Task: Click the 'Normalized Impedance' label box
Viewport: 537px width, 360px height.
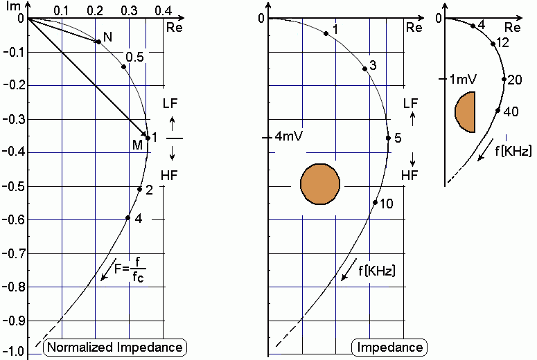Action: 115,348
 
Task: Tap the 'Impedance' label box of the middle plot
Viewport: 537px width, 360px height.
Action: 389,348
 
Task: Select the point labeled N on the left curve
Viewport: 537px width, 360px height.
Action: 98,42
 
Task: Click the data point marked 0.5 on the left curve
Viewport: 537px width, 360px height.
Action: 123,66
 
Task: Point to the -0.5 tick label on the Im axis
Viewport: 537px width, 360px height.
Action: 14,186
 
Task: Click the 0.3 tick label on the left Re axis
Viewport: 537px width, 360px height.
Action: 129,11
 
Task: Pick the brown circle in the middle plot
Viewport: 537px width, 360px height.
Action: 320,184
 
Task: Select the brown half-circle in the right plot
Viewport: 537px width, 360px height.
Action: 465,112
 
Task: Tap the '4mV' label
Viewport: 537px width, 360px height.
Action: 289,136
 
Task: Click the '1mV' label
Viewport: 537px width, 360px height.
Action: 463,80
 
